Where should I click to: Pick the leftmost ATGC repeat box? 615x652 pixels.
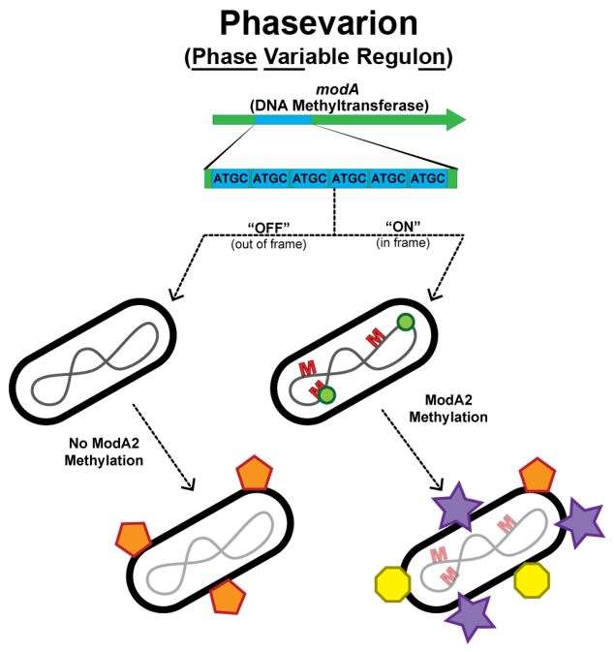[231, 178]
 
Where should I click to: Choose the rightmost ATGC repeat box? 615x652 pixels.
[427, 178]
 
